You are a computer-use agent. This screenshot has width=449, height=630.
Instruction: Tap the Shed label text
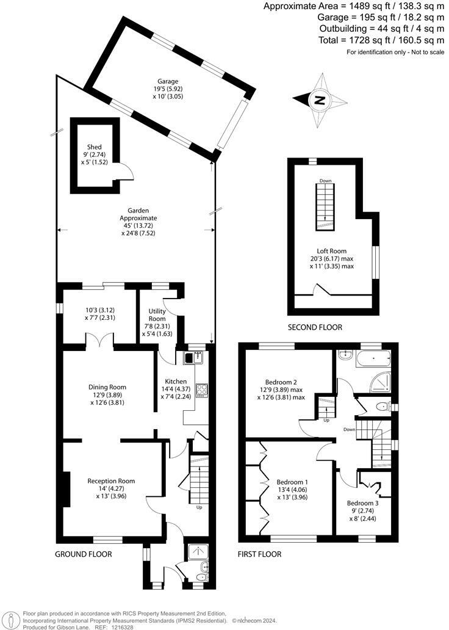point(94,147)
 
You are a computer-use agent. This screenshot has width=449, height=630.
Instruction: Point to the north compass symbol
point(318,100)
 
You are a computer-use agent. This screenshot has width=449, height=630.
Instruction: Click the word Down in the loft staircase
point(325,181)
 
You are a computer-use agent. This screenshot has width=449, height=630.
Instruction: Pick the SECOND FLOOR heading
point(315,328)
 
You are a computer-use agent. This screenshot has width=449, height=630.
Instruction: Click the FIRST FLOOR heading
point(260,554)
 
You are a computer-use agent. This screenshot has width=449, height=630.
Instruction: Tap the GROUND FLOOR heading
point(84,554)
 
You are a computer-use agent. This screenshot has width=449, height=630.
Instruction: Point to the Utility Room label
point(157,315)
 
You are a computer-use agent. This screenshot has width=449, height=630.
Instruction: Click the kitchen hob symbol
point(202,389)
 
